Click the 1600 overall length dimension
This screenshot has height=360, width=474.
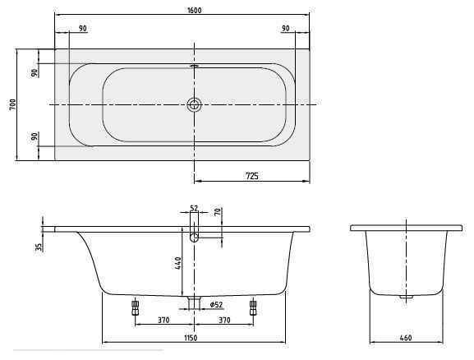point(182,11)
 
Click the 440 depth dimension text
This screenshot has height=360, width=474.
point(175,264)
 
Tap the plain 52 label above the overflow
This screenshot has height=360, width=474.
point(195,209)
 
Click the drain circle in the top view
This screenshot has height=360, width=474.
point(194,104)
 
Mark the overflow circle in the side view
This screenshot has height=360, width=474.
point(194,238)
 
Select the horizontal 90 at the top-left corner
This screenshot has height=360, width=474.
point(83,29)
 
